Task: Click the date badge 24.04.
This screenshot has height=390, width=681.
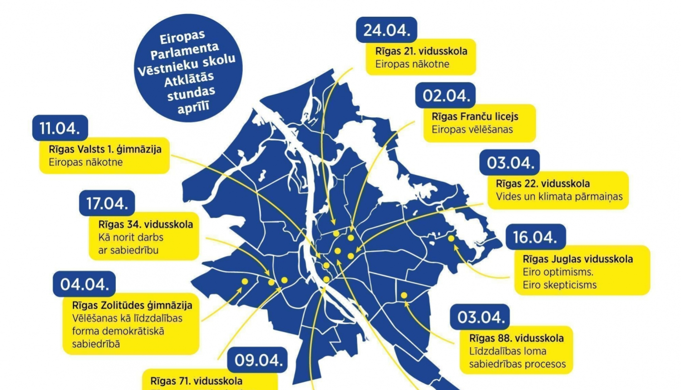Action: tap(386, 30)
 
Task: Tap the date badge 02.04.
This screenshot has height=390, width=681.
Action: tap(445, 96)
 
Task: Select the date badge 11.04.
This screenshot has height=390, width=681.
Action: tap(60, 128)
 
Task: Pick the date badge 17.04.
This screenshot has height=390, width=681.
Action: tap(107, 203)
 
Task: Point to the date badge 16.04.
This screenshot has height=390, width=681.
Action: tap(535, 237)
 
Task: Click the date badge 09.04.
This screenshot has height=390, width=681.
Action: tap(258, 360)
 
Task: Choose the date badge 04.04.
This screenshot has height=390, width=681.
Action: tap(84, 284)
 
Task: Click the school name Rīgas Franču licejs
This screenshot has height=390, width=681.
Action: tap(474, 117)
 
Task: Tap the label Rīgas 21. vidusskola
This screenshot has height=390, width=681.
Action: tap(421, 51)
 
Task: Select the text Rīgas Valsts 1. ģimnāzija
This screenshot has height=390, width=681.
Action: tap(105, 149)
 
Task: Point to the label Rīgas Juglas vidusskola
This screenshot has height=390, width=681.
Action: tap(577, 259)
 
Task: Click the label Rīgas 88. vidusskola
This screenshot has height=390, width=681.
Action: tap(516, 338)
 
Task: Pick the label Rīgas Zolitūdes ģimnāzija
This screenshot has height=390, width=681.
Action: tap(132, 305)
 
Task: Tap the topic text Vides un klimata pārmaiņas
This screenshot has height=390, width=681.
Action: tap(559, 197)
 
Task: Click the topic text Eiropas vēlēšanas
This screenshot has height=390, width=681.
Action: tap(472, 130)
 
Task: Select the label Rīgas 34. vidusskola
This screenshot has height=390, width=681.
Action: tap(145, 224)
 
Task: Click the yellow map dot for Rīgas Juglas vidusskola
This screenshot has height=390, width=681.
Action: tap(451, 238)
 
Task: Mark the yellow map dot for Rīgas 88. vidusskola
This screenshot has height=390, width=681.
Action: tap(404, 296)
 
